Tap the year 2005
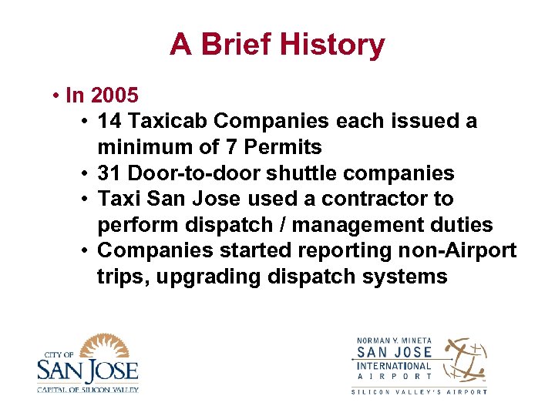(114, 96)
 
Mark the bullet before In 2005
(57, 96)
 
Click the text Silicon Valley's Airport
(419, 391)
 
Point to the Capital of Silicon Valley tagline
(87, 388)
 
